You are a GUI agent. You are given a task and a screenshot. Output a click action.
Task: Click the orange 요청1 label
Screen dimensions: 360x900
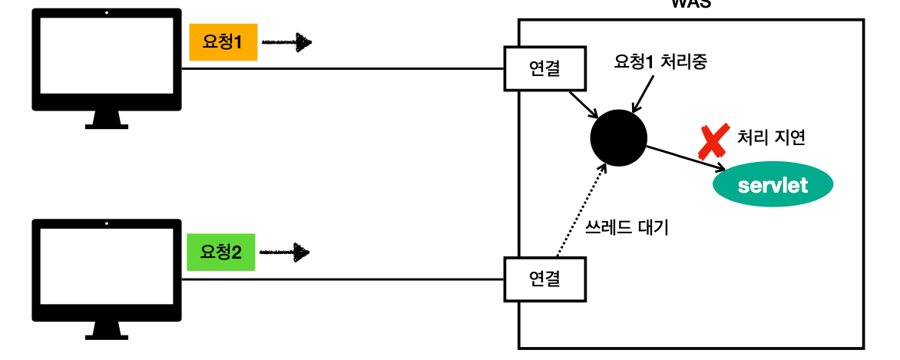[223, 43]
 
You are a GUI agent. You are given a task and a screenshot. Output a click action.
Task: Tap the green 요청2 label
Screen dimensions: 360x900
[221, 252]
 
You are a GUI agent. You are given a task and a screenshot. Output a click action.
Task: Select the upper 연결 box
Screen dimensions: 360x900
[544, 69]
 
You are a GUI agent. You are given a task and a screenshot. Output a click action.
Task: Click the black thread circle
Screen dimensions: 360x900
[618, 138]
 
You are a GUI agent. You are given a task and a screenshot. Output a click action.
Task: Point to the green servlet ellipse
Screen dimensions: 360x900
[773, 185]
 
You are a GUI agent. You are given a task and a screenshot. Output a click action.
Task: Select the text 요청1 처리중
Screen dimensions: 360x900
[660, 63]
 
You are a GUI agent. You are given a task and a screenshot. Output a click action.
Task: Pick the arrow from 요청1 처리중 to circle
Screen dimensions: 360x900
[639, 96]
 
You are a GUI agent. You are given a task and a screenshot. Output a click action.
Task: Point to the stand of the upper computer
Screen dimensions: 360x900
[107, 121]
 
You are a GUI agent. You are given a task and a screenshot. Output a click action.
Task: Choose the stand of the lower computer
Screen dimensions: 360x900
[107, 331]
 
